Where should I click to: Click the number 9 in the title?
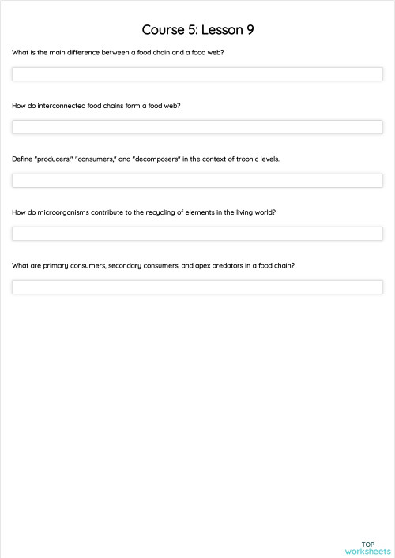click(x=249, y=30)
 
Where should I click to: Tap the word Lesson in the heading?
click(x=220, y=30)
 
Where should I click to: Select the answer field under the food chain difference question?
click(x=197, y=74)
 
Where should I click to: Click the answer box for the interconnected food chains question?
click(x=197, y=127)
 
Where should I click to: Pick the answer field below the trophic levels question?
click(x=197, y=181)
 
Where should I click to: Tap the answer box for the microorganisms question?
click(x=197, y=234)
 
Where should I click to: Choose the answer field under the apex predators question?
click(x=197, y=287)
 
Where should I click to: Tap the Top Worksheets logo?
click(x=367, y=548)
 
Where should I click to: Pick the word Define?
click(x=22, y=159)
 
